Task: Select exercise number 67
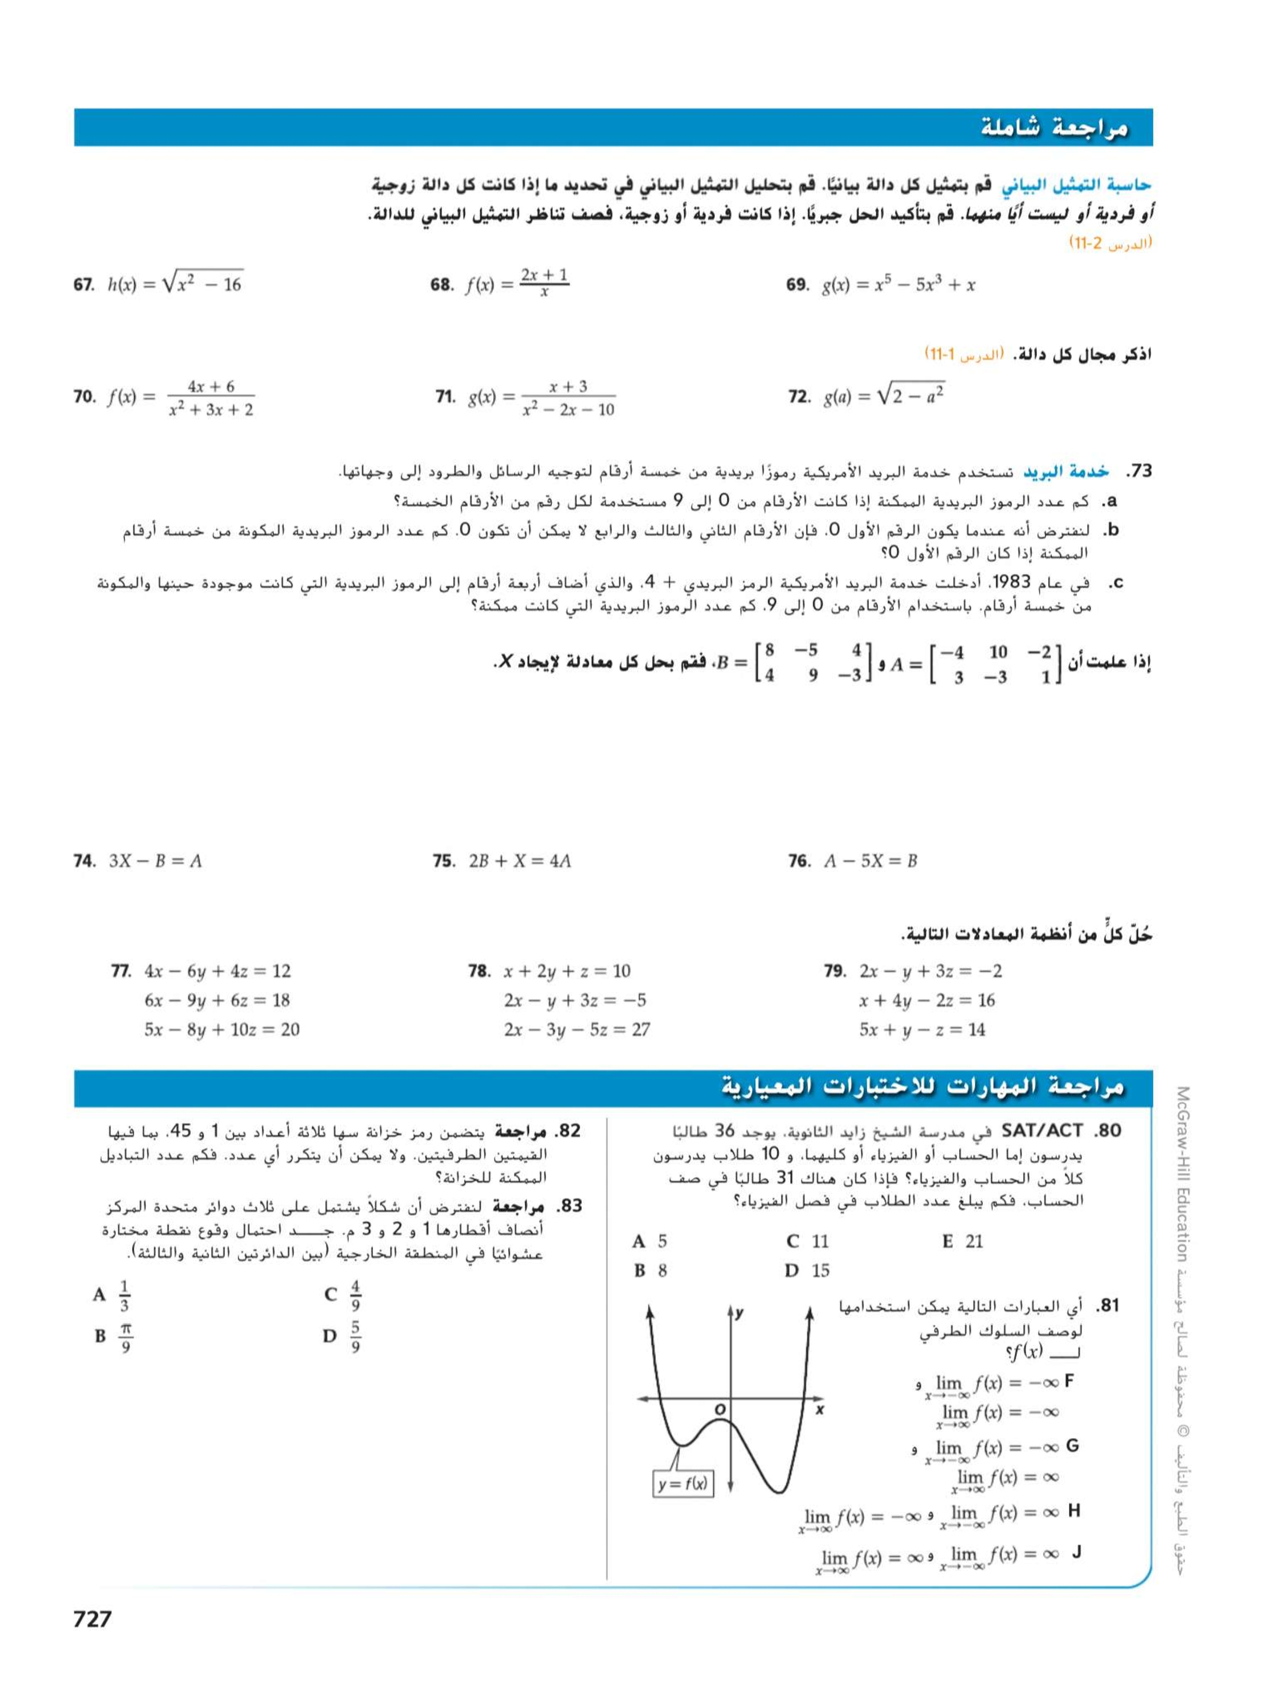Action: pos(83,285)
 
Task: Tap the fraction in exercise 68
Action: pos(544,284)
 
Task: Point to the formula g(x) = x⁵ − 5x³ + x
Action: pos(898,285)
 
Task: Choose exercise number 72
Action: pos(799,397)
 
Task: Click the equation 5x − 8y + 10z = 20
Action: pos(222,1029)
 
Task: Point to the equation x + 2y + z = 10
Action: pos(567,971)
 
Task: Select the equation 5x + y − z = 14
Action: pos(922,1029)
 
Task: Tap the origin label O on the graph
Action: pos(719,1408)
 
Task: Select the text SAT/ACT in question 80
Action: pos(1041,1131)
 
